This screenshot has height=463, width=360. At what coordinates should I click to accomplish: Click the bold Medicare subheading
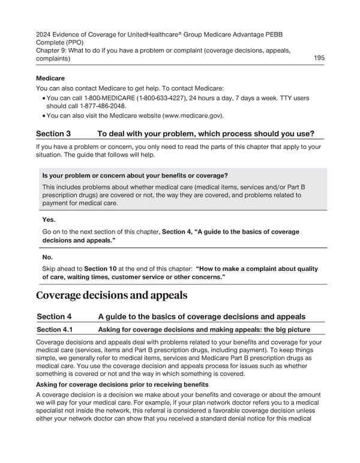[50, 78]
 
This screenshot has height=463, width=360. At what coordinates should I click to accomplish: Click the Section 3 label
[53, 133]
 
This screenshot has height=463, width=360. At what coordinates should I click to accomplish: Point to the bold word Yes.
[49, 220]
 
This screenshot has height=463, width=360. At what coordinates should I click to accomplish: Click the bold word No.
[47, 257]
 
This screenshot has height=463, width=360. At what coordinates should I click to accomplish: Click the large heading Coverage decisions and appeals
[112, 295]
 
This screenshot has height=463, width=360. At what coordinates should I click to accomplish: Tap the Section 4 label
[54, 316]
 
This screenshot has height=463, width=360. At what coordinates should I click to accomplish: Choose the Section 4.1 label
[57, 329]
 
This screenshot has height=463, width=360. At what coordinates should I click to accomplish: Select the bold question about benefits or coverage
[135, 175]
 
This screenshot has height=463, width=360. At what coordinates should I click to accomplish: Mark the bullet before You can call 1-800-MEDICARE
[43, 98]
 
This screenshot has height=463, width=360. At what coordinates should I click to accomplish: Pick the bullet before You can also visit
[43, 116]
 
